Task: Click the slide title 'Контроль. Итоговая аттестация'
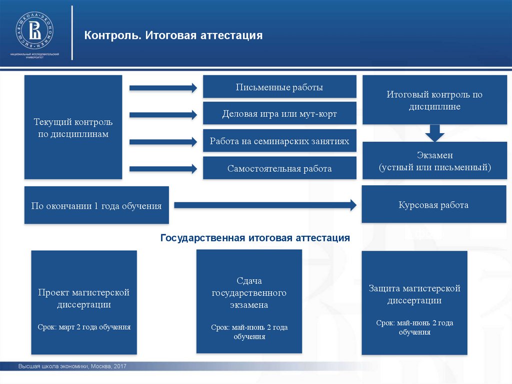[x=173, y=36]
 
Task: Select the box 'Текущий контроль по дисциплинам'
[x=73, y=127]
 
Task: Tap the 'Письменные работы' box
[x=279, y=87]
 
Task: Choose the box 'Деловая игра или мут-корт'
[x=279, y=114]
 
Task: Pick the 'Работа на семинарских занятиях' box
[x=279, y=141]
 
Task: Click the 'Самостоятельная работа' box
[x=279, y=168]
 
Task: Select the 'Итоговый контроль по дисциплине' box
[x=434, y=100]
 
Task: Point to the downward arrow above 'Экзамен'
[x=434, y=133]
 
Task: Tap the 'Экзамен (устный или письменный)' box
[x=434, y=161]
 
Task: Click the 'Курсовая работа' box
[x=434, y=205]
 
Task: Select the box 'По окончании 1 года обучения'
[x=96, y=205]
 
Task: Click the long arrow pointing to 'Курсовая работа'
[x=265, y=205]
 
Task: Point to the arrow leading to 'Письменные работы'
[x=163, y=88]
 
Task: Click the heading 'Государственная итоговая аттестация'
[x=255, y=237]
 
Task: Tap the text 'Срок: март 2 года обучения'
[x=84, y=327]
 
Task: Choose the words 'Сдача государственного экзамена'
[x=249, y=293]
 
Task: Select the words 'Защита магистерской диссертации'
[x=414, y=294]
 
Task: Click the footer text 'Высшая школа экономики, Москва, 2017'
[x=72, y=367]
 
